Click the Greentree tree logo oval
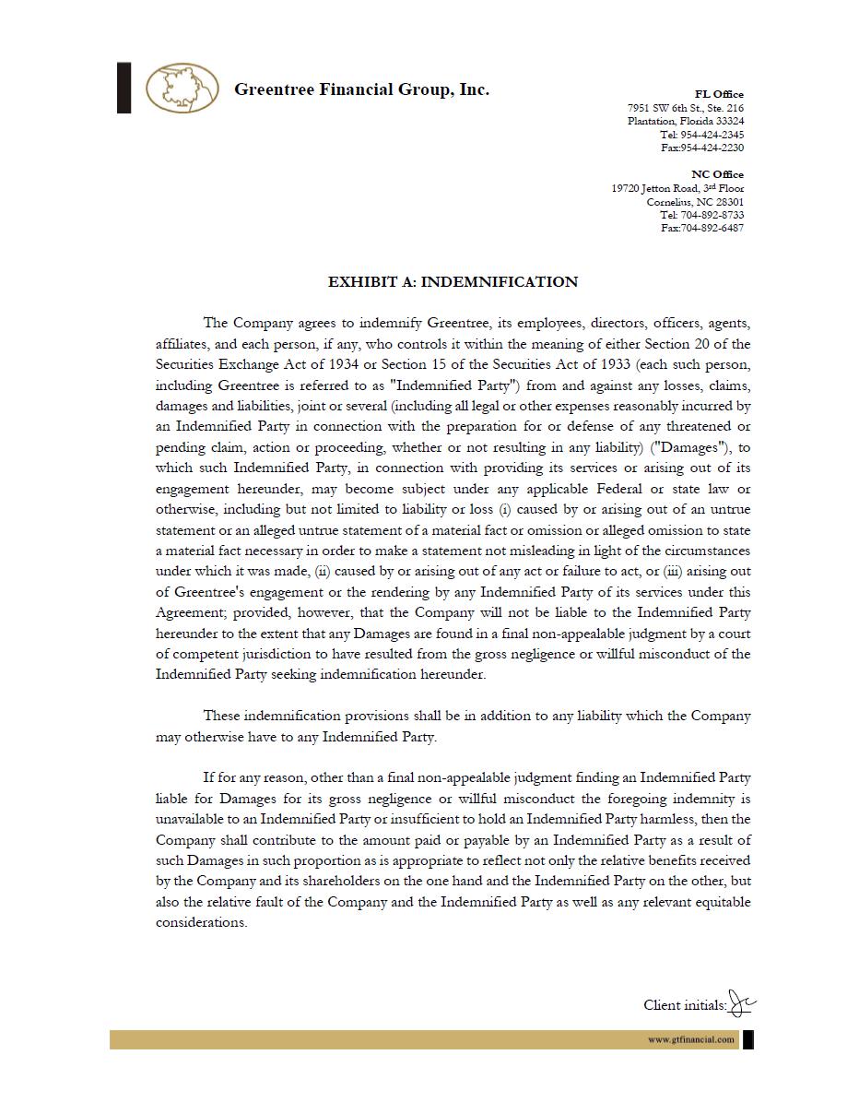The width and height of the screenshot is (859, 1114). pos(182,89)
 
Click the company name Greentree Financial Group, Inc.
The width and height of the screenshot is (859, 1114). pos(361,89)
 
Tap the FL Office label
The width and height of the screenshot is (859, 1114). pos(719,94)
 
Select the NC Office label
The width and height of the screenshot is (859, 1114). pos(717,174)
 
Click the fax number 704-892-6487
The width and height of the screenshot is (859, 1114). pos(712,228)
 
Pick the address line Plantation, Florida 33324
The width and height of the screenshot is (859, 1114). pos(686,121)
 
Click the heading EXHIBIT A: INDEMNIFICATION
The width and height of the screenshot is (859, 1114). pos(453,282)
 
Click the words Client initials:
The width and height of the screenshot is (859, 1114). pos(685,1005)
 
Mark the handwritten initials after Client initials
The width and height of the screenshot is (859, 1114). pos(743,1002)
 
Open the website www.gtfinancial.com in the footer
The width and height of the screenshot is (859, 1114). pos(690,1039)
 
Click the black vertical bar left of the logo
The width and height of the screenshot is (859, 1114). pos(124,88)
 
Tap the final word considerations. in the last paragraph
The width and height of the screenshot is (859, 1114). pos(201,922)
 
